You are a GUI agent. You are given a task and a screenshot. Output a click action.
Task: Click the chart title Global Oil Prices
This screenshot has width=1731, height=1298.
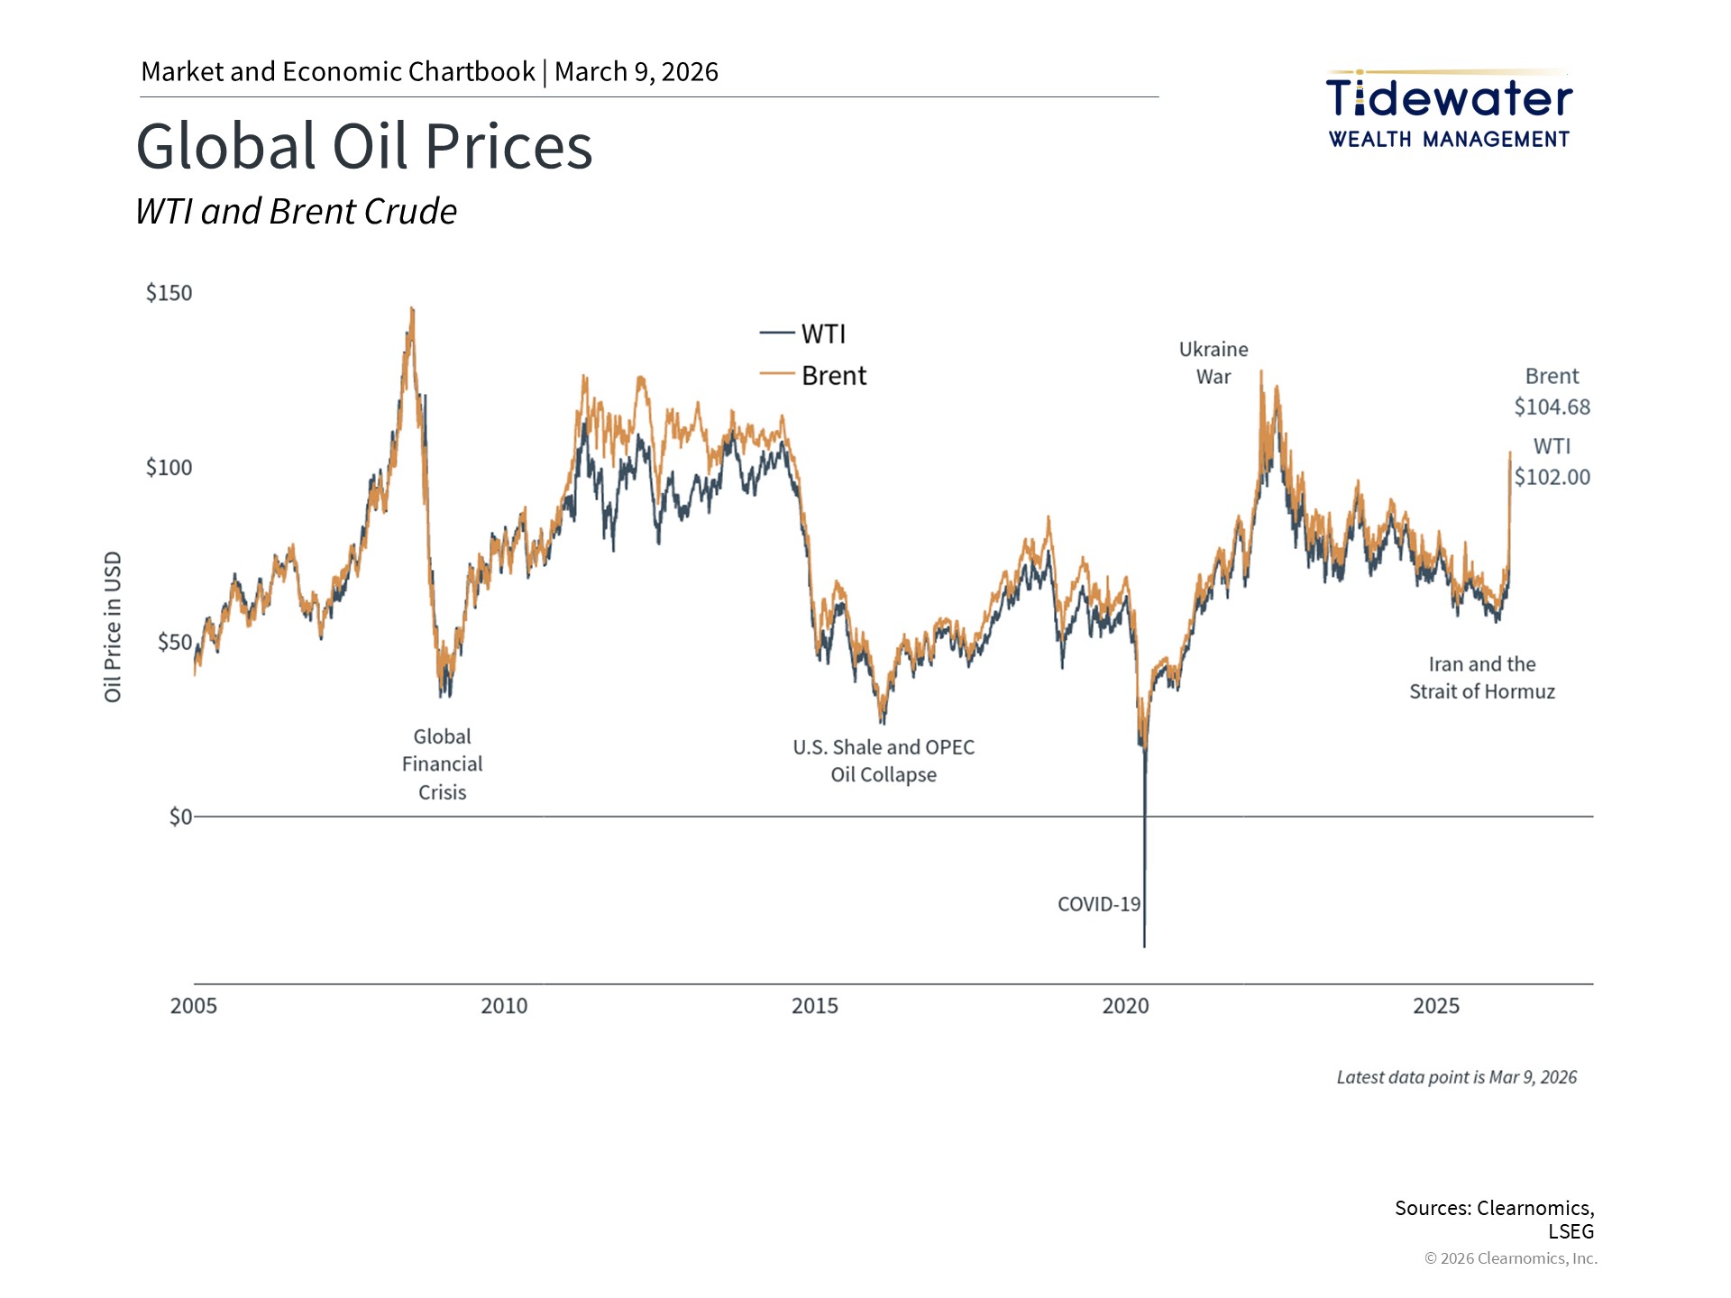(364, 146)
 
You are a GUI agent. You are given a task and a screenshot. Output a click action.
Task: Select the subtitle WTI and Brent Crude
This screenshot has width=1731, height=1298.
(296, 212)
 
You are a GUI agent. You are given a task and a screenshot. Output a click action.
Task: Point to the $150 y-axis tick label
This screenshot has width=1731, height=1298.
(169, 293)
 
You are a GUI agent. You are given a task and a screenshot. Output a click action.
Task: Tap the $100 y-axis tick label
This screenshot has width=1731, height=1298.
(169, 468)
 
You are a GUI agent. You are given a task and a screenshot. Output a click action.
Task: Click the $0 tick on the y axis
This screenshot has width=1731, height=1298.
(180, 817)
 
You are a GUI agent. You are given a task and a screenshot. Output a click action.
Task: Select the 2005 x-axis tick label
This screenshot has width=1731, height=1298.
(194, 1006)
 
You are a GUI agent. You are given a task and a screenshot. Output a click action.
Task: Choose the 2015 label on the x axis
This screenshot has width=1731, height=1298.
(815, 1006)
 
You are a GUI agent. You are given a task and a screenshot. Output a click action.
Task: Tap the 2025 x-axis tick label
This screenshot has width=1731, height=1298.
(1436, 1006)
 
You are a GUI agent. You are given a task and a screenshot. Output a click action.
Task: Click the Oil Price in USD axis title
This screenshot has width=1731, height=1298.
(113, 626)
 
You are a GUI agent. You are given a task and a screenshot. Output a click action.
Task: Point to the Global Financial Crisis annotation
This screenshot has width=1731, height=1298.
(442, 764)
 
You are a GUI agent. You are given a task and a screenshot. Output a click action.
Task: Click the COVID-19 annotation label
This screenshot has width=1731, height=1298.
(1099, 904)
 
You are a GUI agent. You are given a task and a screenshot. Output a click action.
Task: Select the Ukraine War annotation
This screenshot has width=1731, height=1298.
(1214, 362)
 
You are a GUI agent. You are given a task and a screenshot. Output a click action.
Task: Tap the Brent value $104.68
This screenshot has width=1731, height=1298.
(1552, 407)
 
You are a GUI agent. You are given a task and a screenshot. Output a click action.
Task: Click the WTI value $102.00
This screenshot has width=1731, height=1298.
(1552, 477)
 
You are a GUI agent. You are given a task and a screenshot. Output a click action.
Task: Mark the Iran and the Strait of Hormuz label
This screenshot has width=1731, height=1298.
(1482, 678)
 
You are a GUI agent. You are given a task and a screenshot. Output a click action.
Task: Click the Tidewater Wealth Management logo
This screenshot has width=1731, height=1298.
(1449, 110)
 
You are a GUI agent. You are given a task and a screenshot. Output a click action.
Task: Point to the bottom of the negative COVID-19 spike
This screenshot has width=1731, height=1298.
(1145, 946)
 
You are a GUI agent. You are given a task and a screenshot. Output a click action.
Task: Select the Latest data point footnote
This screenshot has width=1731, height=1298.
(1456, 1077)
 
